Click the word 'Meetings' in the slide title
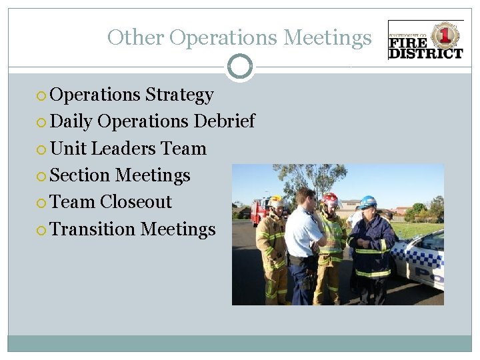327,38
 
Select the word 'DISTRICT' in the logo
426,53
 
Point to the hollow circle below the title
240,67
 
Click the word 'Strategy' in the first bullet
179,95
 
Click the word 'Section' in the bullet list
80,175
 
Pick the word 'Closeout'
136,202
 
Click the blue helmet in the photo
367,201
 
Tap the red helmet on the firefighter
330,198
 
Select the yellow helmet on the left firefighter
277,201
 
